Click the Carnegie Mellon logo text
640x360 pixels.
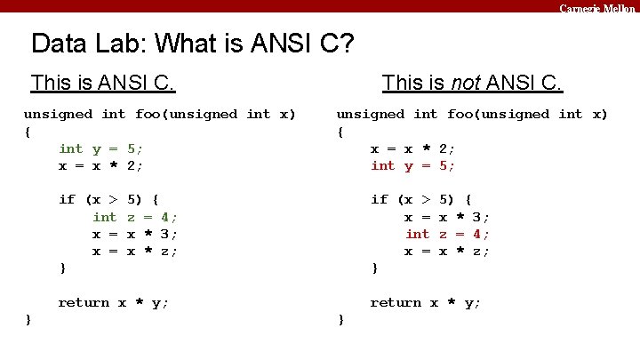[597, 8]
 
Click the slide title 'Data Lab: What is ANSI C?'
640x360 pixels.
[193, 43]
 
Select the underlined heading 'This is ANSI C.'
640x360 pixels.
[102, 84]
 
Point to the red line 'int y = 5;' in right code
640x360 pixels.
[412, 165]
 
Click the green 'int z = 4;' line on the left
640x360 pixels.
[135, 217]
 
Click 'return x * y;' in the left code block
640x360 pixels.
[113, 302]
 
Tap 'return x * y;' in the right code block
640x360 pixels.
[425, 302]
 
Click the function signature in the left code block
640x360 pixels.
[160, 114]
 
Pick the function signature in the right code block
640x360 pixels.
[472, 114]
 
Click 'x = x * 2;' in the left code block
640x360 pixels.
[100, 165]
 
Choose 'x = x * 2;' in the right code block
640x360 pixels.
[412, 148]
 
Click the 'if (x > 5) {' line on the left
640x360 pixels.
[108, 199]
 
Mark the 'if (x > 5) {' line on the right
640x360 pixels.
[420, 199]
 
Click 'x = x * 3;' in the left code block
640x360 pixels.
[135, 234]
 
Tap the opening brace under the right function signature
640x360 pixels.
[340, 132]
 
